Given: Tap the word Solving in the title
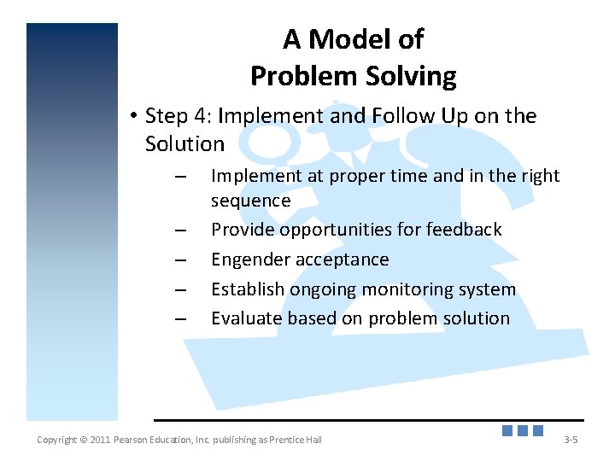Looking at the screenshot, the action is [x=411, y=77].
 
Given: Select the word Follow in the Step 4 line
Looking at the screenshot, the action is [x=403, y=115].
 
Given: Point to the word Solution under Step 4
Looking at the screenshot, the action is [x=184, y=143].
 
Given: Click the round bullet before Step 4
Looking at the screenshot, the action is [x=134, y=115].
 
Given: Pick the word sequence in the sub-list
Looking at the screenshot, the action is [x=251, y=201].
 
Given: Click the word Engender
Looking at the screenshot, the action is [x=250, y=260].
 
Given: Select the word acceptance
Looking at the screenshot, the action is [x=343, y=260].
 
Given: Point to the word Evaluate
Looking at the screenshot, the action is [x=247, y=318].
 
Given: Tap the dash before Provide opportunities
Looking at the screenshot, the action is [x=180, y=230].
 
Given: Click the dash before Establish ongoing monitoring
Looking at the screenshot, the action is [x=180, y=290].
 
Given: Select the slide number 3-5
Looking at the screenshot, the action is [x=571, y=440].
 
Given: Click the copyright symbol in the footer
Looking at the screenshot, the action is [x=83, y=440].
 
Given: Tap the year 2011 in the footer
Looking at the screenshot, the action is [x=100, y=440].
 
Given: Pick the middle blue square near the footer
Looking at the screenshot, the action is [x=523, y=430].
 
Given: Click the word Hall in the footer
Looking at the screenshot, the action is [x=313, y=440].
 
